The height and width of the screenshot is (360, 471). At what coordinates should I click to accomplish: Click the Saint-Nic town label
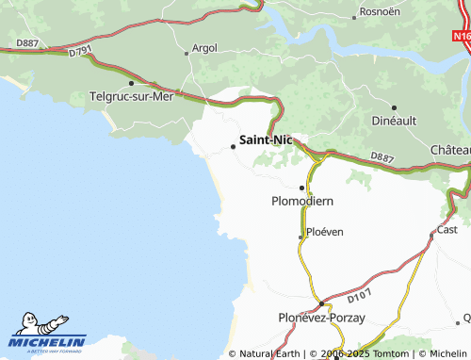point(266,139)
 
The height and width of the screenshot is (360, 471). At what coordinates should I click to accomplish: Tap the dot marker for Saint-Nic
point(234,145)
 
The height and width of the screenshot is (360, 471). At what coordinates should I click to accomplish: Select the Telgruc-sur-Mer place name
point(130,96)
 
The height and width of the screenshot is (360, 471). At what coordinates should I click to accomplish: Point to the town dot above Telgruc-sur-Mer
point(130,83)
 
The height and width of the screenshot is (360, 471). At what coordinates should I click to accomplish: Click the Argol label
point(204,47)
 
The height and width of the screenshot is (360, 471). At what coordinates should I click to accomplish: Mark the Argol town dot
point(187,53)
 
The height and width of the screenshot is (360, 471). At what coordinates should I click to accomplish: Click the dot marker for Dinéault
point(394,108)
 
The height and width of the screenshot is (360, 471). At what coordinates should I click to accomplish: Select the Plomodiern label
point(302,201)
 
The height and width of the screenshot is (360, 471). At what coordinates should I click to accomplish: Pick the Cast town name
point(447,230)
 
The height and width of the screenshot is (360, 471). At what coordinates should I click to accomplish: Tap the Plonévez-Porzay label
point(321,319)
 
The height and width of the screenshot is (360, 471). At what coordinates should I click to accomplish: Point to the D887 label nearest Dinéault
point(382,156)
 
